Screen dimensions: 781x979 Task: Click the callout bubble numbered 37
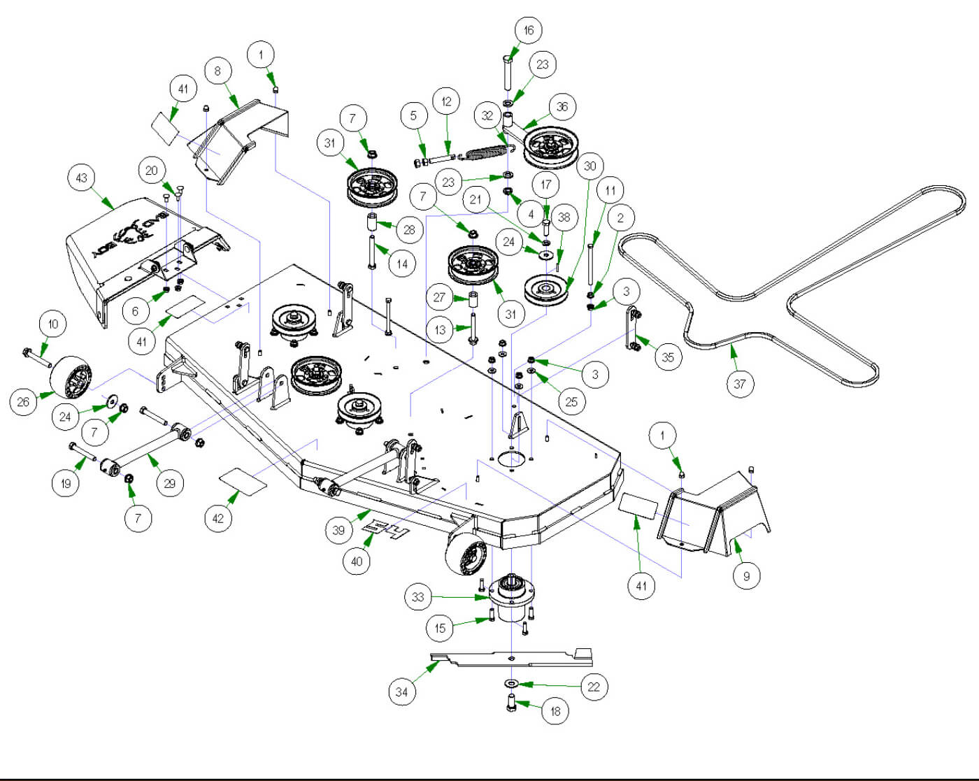[740, 383]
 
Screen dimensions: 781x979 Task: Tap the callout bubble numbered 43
[82, 178]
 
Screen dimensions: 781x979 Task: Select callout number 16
[529, 30]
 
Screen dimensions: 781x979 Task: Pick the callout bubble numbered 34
[401, 692]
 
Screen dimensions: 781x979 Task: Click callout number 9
[746, 576]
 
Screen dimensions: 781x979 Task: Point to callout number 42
[218, 518]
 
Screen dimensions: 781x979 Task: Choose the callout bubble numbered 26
[23, 401]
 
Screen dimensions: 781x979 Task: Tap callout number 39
[338, 530]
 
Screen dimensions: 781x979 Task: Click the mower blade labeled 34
[510, 657]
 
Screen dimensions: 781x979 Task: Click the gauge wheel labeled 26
[72, 378]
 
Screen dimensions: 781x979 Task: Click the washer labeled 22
[511, 682]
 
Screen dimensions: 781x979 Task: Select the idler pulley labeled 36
[551, 148]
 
